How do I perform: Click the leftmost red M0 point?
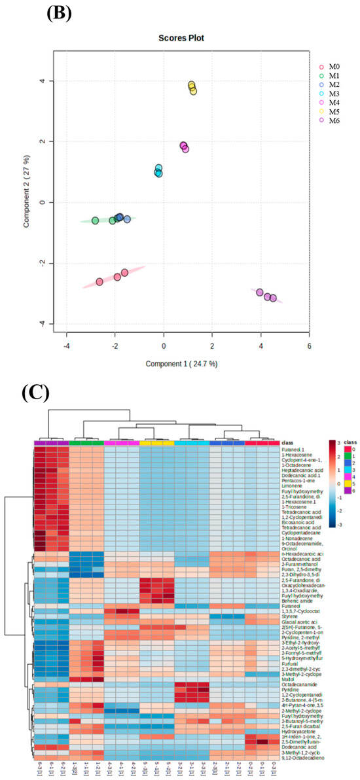pos(99,282)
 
